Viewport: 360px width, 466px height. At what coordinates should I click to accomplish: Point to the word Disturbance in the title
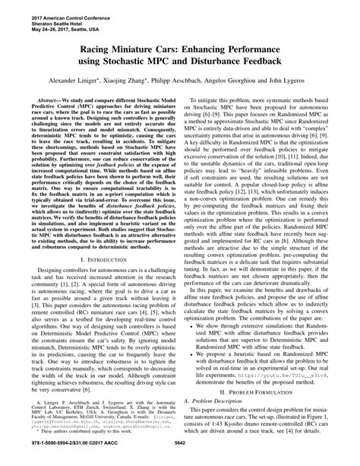click(x=228, y=63)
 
